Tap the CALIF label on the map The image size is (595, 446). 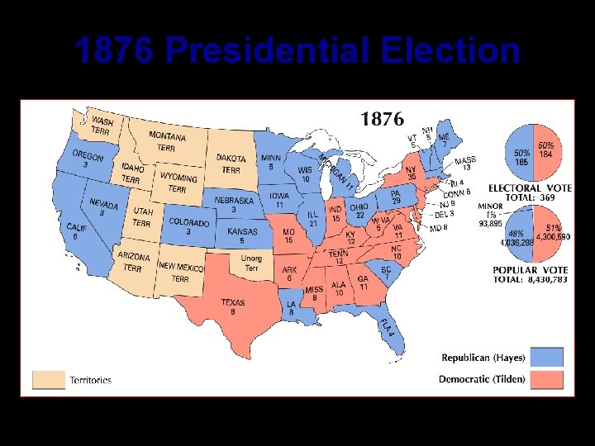tap(76, 230)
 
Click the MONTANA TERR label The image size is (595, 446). tap(167, 141)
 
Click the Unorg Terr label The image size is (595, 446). tap(251, 263)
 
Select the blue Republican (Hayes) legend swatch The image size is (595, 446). tap(548, 357)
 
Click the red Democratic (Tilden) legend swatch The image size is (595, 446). tap(548, 380)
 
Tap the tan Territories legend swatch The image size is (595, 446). tap(47, 380)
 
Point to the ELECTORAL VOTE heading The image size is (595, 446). tap(530, 188)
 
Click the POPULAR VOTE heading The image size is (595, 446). tap(530, 270)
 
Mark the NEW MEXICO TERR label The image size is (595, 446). tap(180, 272)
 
